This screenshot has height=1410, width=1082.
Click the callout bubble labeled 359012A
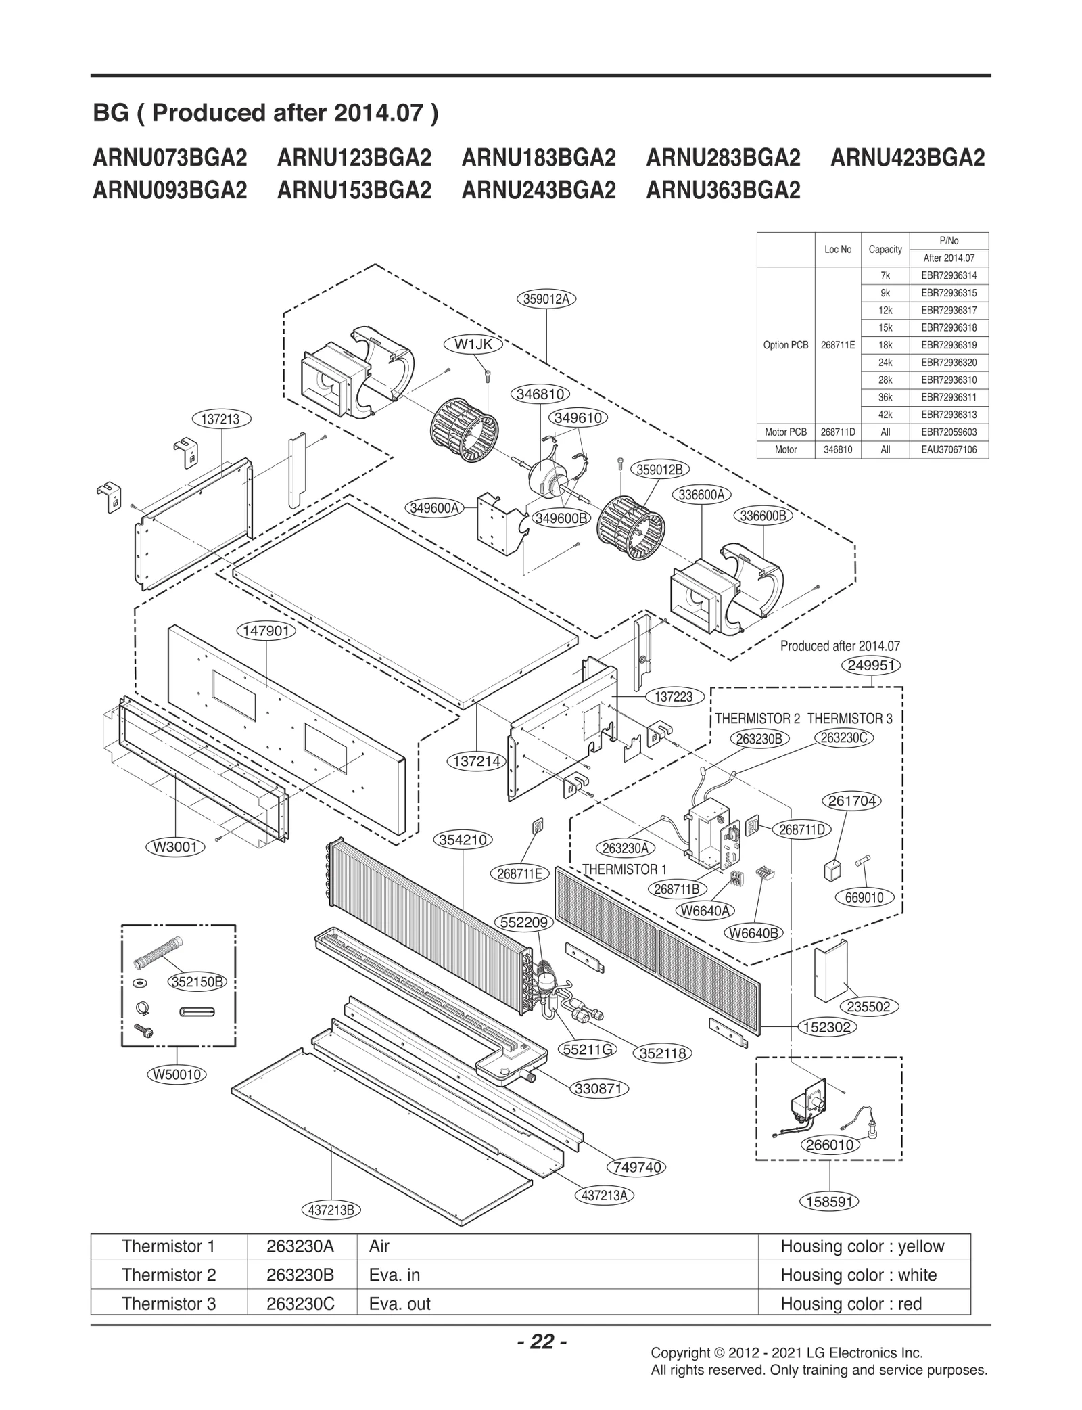(546, 298)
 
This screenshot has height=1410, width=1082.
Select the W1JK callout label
(473, 344)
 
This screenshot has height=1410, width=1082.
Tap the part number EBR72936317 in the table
(949, 311)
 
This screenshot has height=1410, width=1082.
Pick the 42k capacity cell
(885, 415)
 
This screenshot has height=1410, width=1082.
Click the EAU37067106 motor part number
(949, 449)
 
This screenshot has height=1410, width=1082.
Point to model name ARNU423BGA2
(908, 158)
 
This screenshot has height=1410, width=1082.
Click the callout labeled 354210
(463, 840)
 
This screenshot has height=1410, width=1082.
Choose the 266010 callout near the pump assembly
(830, 1145)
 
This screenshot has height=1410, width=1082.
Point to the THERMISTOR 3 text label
(849, 719)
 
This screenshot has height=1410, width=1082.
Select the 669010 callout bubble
(864, 898)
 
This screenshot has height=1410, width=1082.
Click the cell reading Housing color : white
(858, 1275)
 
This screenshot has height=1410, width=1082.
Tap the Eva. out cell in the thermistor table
(400, 1304)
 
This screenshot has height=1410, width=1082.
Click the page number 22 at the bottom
(542, 1341)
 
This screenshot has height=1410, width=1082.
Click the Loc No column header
(838, 250)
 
